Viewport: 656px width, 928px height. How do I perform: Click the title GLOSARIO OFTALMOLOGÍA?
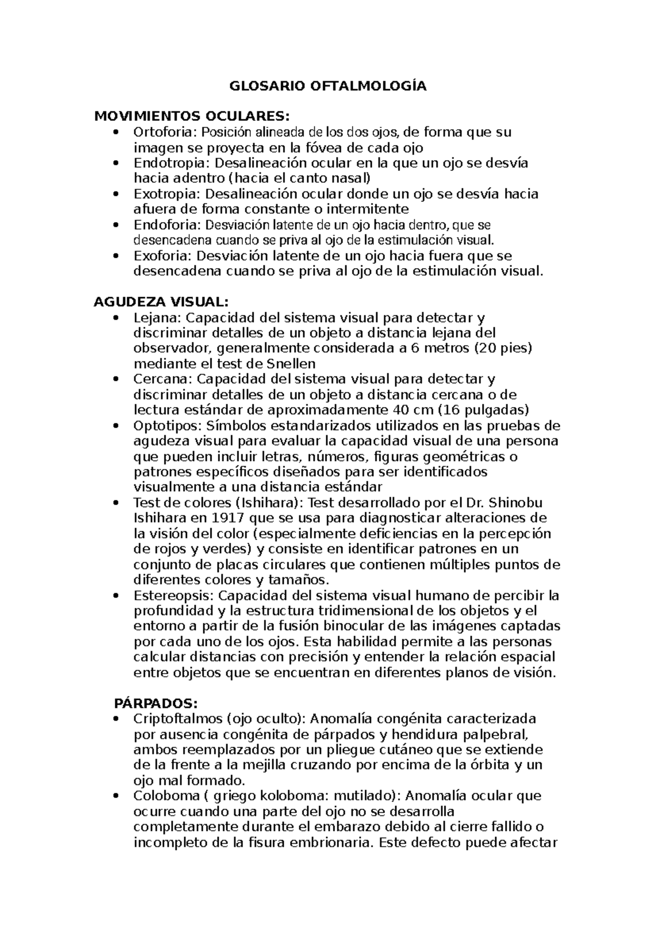(327, 86)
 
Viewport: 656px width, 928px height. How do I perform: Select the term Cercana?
(161, 379)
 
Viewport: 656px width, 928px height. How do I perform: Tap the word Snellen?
(291, 364)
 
